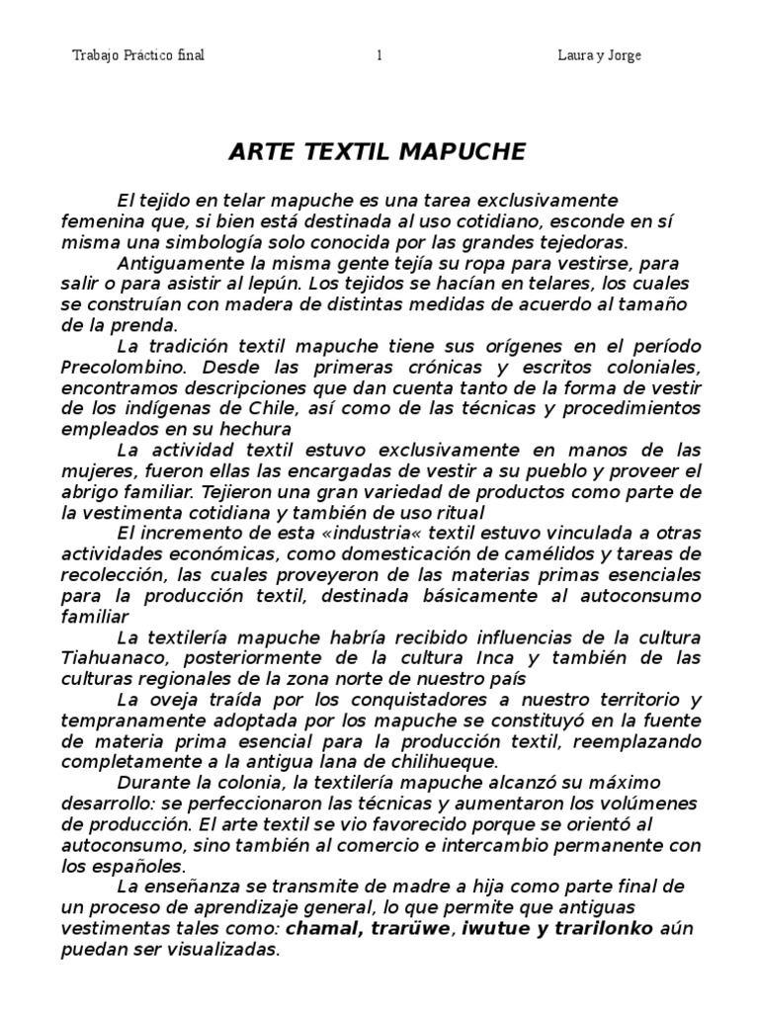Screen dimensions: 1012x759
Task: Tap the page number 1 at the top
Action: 379,56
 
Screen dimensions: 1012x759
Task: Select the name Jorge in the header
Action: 622,56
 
